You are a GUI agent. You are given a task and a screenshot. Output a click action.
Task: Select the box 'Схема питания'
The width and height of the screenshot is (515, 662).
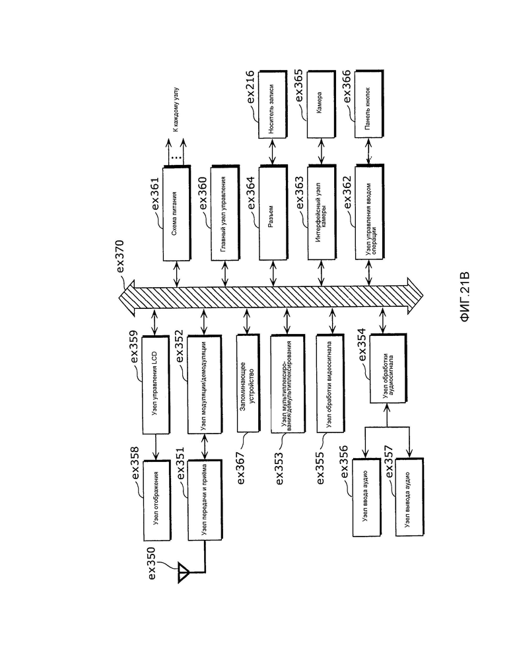click(x=177, y=213)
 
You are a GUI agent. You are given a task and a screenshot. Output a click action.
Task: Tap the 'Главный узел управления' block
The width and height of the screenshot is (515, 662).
click(x=224, y=213)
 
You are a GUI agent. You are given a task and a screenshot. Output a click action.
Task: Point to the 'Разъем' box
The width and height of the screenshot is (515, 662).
click(x=273, y=213)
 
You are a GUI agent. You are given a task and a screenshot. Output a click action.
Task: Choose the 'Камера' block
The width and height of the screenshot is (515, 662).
click(x=321, y=104)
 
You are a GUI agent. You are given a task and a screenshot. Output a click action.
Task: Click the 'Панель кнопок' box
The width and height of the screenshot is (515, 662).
click(x=369, y=104)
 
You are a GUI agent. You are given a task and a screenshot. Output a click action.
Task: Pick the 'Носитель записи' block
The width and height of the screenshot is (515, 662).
click(x=273, y=104)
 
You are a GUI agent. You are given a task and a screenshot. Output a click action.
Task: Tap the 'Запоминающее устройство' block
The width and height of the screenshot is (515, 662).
click(x=248, y=383)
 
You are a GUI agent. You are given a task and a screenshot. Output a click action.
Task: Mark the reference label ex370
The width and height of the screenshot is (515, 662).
click(x=120, y=257)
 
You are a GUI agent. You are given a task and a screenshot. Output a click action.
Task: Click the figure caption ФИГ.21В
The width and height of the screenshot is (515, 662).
click(x=465, y=297)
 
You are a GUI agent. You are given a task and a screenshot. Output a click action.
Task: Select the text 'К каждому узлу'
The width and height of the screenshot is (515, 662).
click(x=176, y=109)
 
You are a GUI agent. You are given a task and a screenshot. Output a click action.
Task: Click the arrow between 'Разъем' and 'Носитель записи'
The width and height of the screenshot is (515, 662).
click(x=273, y=152)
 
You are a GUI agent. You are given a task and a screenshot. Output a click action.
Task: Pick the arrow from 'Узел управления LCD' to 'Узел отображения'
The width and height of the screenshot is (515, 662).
click(x=156, y=447)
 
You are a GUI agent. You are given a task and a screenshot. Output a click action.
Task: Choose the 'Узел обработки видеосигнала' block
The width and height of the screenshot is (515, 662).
click(x=330, y=383)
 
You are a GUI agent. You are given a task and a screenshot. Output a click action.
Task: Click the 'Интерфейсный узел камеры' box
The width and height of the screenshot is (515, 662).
click(x=321, y=213)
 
